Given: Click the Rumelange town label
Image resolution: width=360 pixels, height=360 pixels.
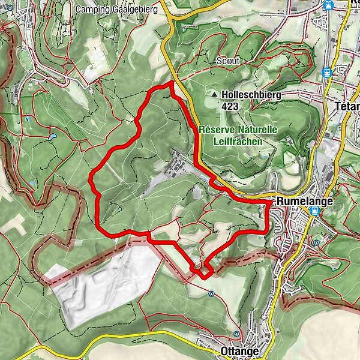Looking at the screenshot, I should click(x=305, y=202).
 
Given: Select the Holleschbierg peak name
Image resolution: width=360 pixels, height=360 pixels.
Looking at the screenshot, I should click(x=251, y=95).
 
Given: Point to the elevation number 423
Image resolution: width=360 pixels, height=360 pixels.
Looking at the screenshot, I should click(x=230, y=106).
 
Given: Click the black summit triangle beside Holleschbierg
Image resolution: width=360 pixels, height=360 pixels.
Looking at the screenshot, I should click(x=214, y=95).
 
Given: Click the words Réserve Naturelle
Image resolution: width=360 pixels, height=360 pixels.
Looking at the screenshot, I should click(x=238, y=130).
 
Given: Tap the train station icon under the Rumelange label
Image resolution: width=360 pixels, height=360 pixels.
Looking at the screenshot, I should click(x=314, y=211).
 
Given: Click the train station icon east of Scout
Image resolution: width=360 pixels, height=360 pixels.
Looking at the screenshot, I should click(x=327, y=73).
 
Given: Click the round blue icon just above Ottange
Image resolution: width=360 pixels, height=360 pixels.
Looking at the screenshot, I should click(x=237, y=334).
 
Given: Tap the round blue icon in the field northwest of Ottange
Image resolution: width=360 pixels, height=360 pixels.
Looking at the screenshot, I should click(x=212, y=294).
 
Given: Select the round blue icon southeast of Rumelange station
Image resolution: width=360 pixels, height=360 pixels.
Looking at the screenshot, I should click(x=316, y=242).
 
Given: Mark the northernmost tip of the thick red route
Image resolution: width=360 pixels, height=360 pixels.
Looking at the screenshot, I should click(x=172, y=82).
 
